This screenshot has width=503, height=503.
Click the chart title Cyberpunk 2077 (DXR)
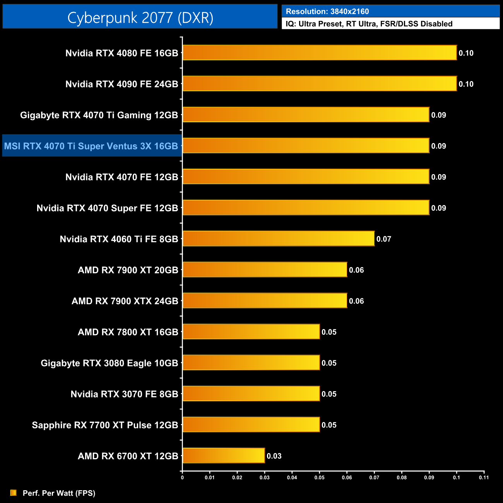coord(140,18)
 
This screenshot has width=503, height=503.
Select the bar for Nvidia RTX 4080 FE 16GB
coord(320,53)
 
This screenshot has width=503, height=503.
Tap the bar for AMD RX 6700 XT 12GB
coord(224,455)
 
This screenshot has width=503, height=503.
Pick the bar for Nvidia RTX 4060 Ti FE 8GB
coord(279,238)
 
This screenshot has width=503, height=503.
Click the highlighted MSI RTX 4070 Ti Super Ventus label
coord(91,146)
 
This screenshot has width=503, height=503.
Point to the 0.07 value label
coord(384,239)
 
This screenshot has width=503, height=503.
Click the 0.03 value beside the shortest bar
coord(274,456)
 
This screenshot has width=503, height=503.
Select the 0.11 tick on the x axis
coord(484,477)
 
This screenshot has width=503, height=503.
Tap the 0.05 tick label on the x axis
coord(319,477)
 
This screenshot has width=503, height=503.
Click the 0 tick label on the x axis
coord(182,477)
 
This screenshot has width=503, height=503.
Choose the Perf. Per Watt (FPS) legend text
coord(59,493)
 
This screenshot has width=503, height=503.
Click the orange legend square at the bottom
coord(14,493)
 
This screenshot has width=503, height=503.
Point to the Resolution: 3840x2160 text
coord(327,12)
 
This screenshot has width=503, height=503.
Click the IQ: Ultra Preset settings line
coord(369,24)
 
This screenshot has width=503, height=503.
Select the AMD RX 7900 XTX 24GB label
coord(125,301)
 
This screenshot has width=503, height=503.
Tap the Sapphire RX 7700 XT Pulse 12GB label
coord(105,425)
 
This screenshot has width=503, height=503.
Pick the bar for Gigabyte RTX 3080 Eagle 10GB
coord(251,363)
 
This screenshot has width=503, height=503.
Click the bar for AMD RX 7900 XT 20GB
coord(265,270)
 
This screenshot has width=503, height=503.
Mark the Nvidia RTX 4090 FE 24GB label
coord(121,84)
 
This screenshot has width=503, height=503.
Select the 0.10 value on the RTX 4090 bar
coord(466,84)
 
